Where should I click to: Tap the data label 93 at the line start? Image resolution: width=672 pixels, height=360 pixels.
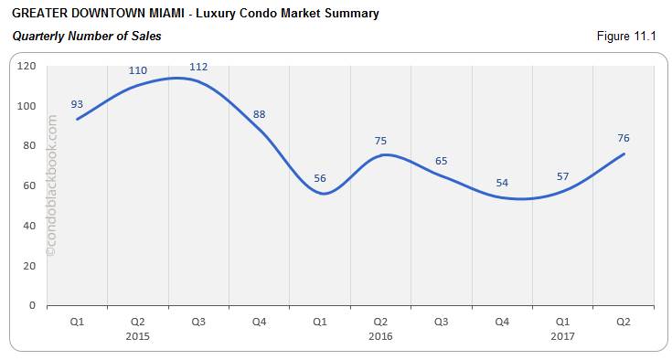pyautogui.click(x=77, y=104)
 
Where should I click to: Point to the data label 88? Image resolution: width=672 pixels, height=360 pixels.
pyautogui.click(x=259, y=114)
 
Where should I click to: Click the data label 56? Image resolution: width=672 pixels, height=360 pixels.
pyautogui.click(x=319, y=178)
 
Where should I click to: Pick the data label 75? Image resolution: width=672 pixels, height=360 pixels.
pyautogui.click(x=380, y=141)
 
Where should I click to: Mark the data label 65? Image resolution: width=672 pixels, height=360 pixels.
pyautogui.click(x=441, y=161)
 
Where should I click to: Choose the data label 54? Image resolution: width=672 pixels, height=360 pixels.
pyautogui.click(x=502, y=183)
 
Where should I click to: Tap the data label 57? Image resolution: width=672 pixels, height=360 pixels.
pyautogui.click(x=562, y=176)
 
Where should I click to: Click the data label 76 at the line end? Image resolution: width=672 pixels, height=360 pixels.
pyautogui.click(x=624, y=138)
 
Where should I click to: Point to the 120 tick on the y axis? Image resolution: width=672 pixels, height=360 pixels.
pyautogui.click(x=27, y=66)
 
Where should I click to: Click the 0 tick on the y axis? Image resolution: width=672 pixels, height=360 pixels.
pyautogui.click(x=32, y=305)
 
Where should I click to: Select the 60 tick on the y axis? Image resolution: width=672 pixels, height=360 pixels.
pyautogui.click(x=29, y=185)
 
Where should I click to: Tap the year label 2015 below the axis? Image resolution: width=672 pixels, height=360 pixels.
pyautogui.click(x=137, y=336)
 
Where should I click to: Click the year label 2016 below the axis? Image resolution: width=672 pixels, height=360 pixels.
pyautogui.click(x=380, y=336)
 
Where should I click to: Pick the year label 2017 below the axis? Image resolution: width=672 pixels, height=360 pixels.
pyautogui.click(x=562, y=336)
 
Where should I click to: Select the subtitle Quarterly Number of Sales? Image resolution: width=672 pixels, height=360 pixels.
pyautogui.click(x=87, y=36)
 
